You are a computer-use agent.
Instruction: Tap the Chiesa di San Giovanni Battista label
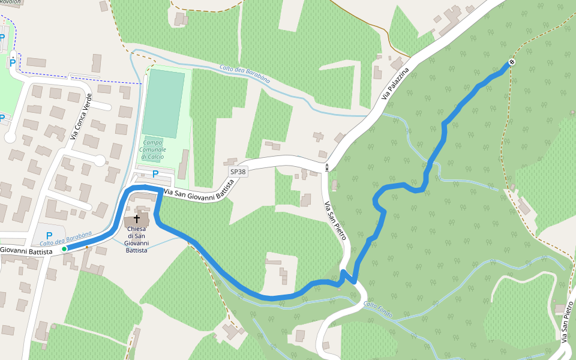point(136,239)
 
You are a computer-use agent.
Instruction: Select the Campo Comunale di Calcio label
point(152,146)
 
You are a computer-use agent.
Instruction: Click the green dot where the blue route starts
point(64,248)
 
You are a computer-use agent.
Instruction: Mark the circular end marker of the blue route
point(512,62)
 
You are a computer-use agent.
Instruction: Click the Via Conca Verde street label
point(81,117)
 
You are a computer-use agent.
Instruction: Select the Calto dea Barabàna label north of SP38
point(244,74)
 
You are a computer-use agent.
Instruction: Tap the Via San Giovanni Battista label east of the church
point(199,194)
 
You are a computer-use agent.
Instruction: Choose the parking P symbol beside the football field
point(155,174)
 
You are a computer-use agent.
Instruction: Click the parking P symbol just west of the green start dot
point(49,236)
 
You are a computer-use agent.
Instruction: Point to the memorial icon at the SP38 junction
point(327,167)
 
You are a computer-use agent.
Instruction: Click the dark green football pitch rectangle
point(164,103)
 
